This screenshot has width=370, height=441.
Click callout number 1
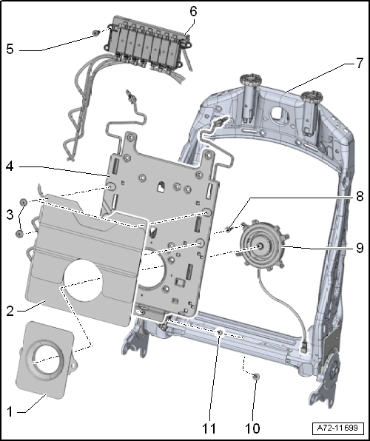10,411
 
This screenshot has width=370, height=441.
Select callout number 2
10,311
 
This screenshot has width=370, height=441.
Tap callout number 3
10,215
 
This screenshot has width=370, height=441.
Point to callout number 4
10,166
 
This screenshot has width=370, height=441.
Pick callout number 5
10,49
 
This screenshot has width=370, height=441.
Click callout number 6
194,11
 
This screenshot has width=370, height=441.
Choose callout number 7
360,64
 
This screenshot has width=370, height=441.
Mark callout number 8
360,197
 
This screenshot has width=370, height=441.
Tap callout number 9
360,248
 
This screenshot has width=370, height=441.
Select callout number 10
252,428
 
